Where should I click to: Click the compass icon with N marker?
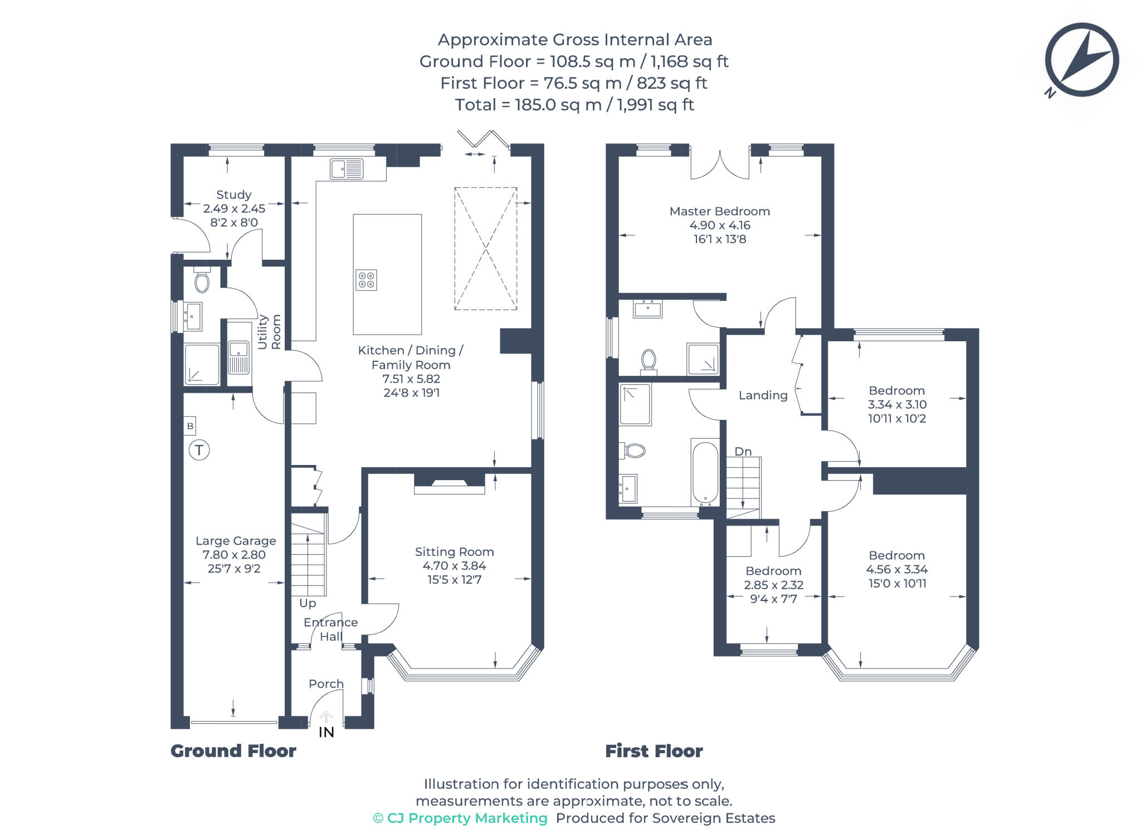(x=1081, y=60)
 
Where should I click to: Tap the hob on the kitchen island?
(x=366, y=280)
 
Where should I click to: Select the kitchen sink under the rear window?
(x=346, y=168)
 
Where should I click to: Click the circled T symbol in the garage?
(x=199, y=449)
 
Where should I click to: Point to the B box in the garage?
(x=190, y=426)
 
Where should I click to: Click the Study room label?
(x=233, y=195)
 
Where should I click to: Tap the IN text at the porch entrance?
(x=326, y=732)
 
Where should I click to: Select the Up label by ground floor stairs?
(x=308, y=603)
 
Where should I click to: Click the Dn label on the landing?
(x=743, y=451)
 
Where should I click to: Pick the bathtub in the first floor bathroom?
(x=705, y=473)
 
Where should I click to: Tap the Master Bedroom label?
(x=719, y=211)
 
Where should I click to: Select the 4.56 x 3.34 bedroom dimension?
(x=896, y=569)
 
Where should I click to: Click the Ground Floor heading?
(x=233, y=751)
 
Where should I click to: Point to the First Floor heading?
(x=654, y=751)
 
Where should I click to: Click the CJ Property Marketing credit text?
(x=460, y=818)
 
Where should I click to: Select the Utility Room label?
(x=269, y=332)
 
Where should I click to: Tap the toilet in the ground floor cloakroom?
(x=202, y=281)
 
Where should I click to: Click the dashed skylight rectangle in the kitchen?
(x=485, y=249)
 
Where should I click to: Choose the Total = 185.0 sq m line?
(x=574, y=105)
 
